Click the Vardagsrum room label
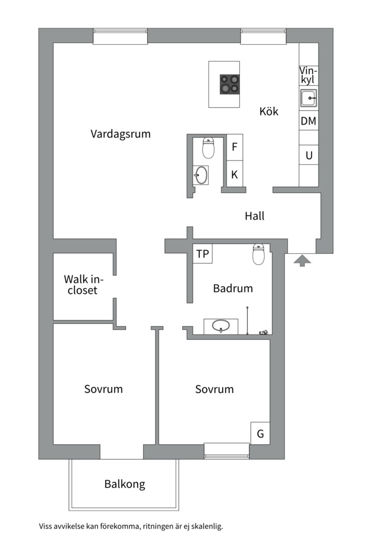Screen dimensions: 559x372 click(x=120, y=134)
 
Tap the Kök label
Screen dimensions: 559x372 click(x=269, y=111)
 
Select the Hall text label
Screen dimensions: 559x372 click(x=254, y=216)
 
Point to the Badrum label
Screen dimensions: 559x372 click(x=233, y=288)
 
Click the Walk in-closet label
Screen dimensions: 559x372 click(x=81, y=284)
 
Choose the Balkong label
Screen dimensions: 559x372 click(x=125, y=484)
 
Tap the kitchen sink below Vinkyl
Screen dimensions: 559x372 click(x=308, y=97)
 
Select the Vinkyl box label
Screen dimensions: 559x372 click(x=308, y=76)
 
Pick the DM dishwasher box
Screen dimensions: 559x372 click(x=308, y=122)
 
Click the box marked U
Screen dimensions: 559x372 click(x=308, y=156)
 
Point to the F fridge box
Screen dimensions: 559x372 click(x=235, y=147)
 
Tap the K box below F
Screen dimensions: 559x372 click(x=235, y=175)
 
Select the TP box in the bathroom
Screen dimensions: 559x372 click(x=203, y=254)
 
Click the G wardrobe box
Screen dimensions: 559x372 click(x=260, y=434)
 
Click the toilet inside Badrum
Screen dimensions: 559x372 click(x=259, y=254)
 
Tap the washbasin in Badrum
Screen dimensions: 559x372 click(x=221, y=327)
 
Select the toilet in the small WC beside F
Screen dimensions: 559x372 click(x=208, y=149)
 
